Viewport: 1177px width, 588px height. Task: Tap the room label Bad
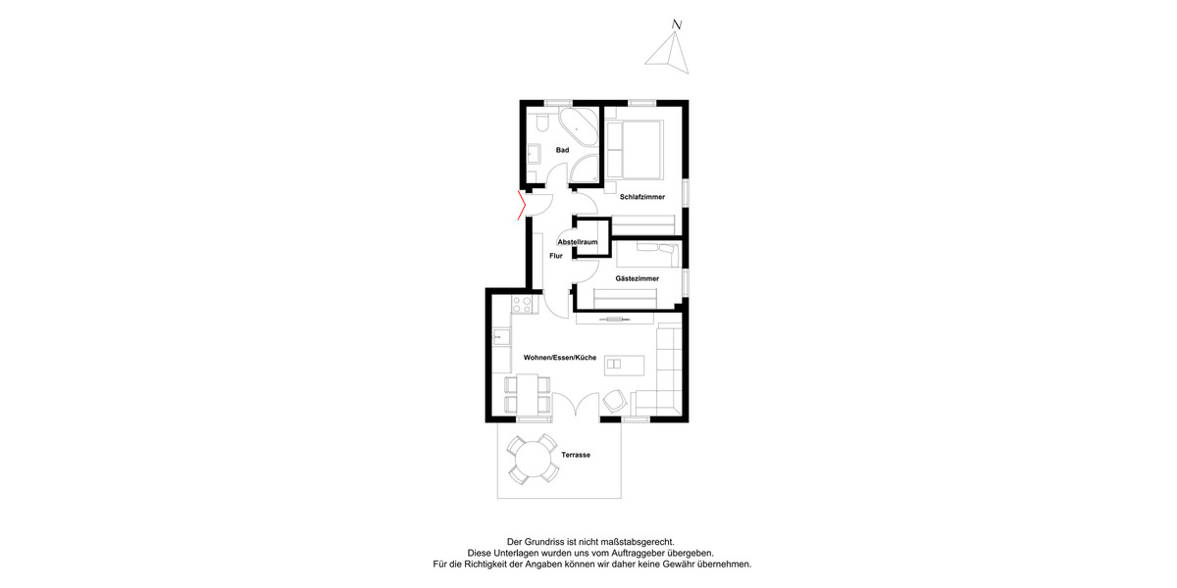[562, 150]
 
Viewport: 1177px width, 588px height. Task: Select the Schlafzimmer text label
[642, 197]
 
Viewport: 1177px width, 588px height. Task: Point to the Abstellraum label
[577, 241]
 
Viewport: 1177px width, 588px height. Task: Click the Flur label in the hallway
[556, 256]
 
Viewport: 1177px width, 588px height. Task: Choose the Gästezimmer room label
[637, 278]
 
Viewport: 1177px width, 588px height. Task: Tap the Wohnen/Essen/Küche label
[546, 358]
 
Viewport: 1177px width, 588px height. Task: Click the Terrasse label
[575, 456]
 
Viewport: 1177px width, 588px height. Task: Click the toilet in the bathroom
[542, 122]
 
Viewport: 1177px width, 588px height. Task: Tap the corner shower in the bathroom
[585, 169]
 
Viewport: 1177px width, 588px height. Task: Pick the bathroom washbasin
[534, 153]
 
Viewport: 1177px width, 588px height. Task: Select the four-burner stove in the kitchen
[521, 304]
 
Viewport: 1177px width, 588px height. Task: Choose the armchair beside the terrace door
[616, 400]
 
